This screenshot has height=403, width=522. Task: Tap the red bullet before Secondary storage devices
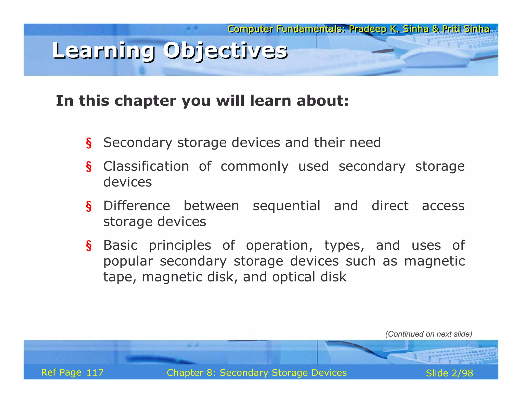[x=89, y=143]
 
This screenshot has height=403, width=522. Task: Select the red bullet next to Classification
[x=89, y=167]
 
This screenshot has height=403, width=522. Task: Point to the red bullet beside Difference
[x=89, y=206]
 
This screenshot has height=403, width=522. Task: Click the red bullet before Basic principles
[x=89, y=246]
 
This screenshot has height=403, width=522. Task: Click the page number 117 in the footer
[x=95, y=373]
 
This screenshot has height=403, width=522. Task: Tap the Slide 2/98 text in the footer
[x=449, y=373]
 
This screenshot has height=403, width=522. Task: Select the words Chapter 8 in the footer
[x=191, y=373]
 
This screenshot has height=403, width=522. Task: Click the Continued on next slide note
[x=428, y=334]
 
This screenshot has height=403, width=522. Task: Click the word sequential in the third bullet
[x=286, y=206]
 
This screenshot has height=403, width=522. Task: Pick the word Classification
[x=146, y=167]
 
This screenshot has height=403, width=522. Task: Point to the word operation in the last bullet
[x=279, y=246]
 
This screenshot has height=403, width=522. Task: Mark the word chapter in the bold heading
[x=145, y=101]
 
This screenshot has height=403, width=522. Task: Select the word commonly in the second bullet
[x=254, y=167]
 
